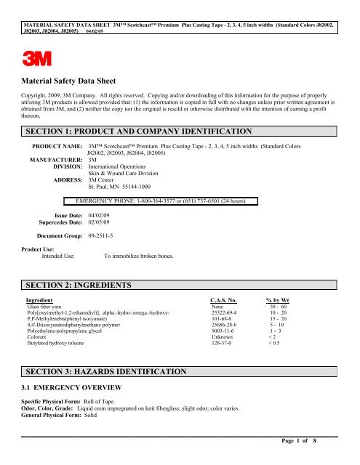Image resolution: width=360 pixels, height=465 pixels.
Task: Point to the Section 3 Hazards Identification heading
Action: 108,371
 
